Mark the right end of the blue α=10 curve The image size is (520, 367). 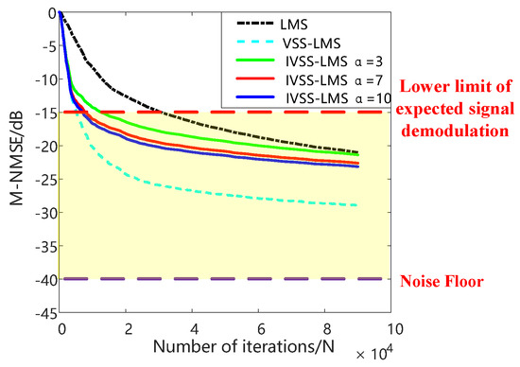pos(358,166)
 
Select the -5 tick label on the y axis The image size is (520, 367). pos(45,46)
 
